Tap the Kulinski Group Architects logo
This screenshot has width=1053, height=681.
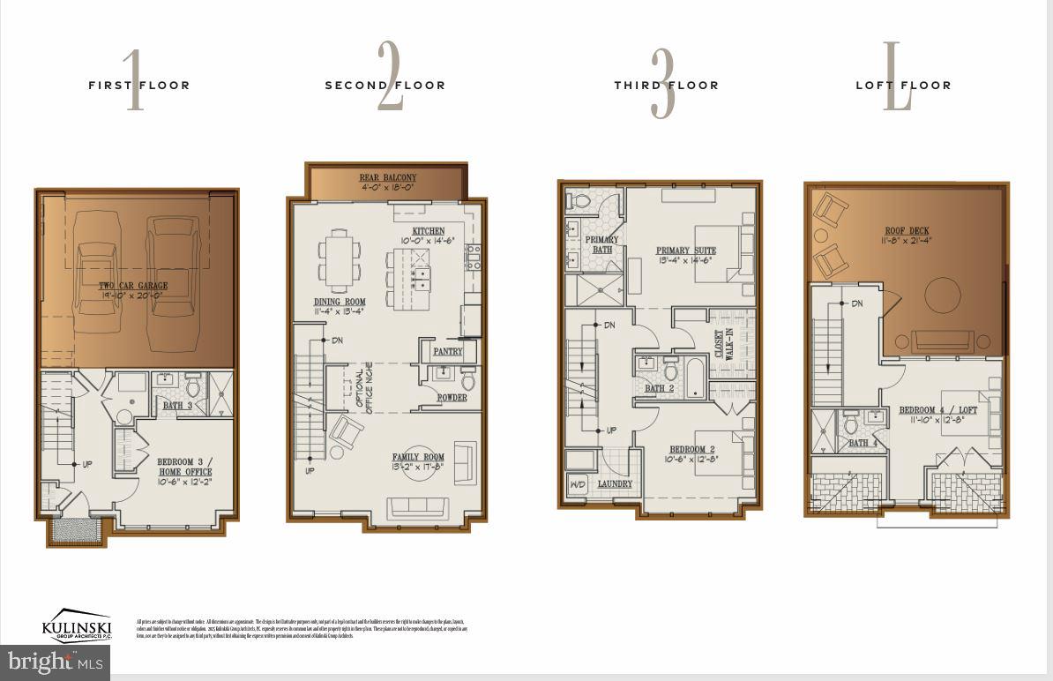pos(77,625)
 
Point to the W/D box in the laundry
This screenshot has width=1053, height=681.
pos(579,484)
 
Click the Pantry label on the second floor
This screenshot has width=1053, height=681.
pos(448,351)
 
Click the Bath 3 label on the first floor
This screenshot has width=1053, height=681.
pos(178,405)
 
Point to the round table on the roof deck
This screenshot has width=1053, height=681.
pos(942,294)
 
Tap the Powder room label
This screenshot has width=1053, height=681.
pos(452,398)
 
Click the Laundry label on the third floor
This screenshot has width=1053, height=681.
pos(615,484)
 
